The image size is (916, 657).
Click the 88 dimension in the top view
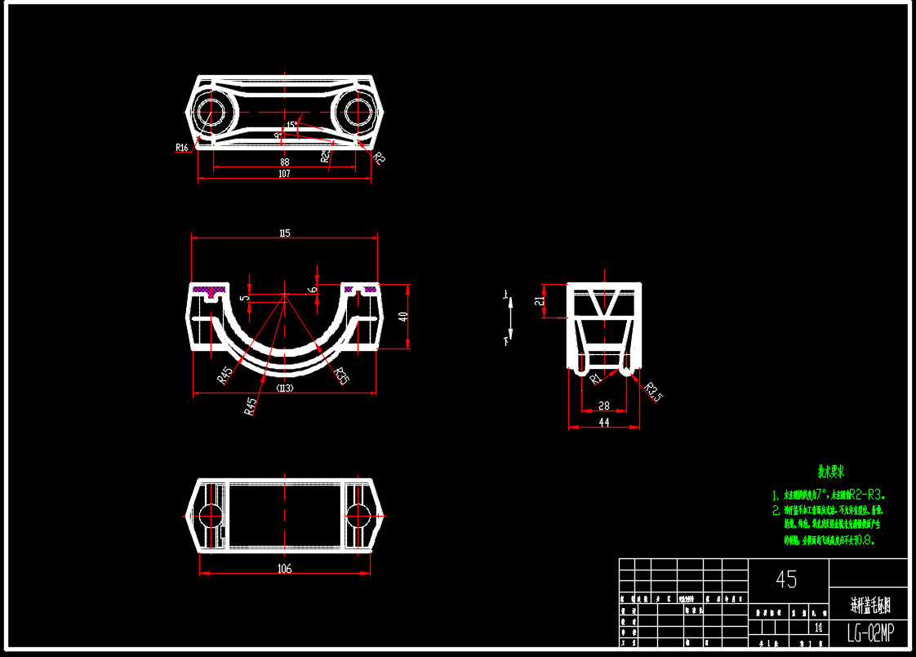tap(284, 162)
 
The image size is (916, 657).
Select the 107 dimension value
tap(284, 173)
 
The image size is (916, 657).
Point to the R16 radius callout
tap(182, 148)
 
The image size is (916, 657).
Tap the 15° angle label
tap(291, 125)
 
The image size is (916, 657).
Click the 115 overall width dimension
tap(284, 233)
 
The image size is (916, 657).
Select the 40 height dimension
tap(402, 317)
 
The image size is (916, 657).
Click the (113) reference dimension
tap(284, 388)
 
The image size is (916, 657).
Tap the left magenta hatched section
tap(208, 290)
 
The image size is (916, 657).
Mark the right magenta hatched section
tap(360, 289)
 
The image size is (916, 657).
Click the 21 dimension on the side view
tap(539, 301)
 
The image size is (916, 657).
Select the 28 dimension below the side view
tap(604, 406)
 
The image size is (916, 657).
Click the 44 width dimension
tap(604, 422)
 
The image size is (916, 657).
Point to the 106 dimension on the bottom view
tap(284, 568)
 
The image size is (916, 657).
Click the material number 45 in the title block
tap(786, 579)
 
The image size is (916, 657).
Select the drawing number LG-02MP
tap(869, 632)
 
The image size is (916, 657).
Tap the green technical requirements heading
tap(831, 472)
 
